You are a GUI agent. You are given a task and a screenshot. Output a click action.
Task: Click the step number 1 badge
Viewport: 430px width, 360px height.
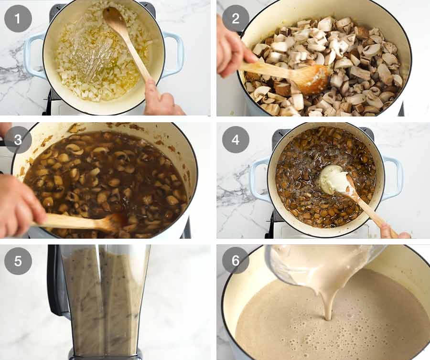coord(18,19)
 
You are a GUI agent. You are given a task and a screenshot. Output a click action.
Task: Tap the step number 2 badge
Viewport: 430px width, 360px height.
coord(236,19)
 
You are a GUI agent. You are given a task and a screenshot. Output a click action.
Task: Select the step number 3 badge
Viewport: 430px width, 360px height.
coord(18,139)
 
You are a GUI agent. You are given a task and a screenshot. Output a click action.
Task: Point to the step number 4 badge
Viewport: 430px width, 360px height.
coord(236,139)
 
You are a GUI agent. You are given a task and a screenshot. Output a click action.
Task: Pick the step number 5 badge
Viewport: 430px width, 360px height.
coord(18,261)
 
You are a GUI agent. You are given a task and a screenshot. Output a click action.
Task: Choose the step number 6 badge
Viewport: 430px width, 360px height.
coord(236,261)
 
